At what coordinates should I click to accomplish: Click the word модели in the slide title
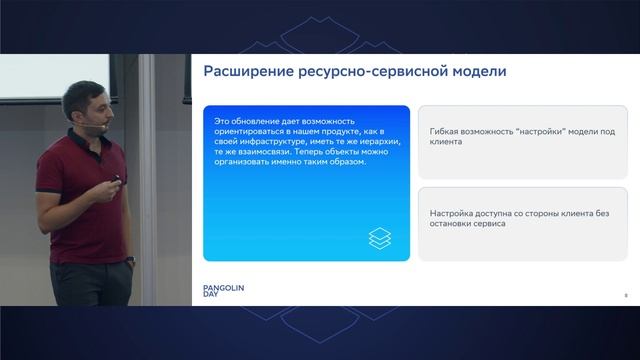click(x=473, y=72)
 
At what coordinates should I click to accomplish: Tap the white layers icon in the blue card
click(x=381, y=239)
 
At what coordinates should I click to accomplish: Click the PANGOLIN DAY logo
click(x=223, y=291)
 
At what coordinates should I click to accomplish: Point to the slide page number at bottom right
click(x=624, y=295)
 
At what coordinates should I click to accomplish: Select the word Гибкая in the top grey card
click(x=445, y=131)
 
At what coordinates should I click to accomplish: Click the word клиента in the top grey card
click(x=448, y=143)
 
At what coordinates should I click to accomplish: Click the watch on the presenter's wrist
click(x=129, y=259)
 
